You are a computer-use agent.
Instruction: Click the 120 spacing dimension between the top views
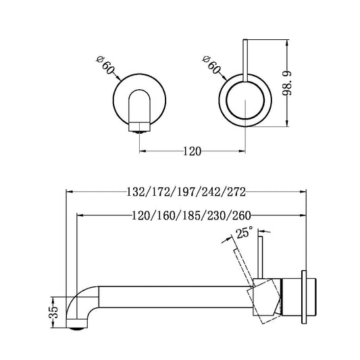(x=192, y=151)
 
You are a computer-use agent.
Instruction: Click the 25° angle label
(x=243, y=234)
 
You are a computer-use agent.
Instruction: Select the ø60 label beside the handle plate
(x=210, y=67)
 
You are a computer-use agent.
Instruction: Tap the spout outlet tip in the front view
(x=140, y=125)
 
